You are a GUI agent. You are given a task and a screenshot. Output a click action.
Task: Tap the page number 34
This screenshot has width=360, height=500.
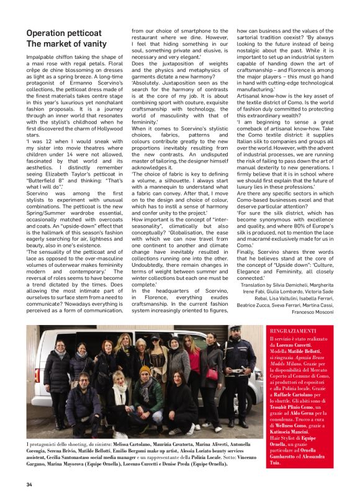pos(29,484)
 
